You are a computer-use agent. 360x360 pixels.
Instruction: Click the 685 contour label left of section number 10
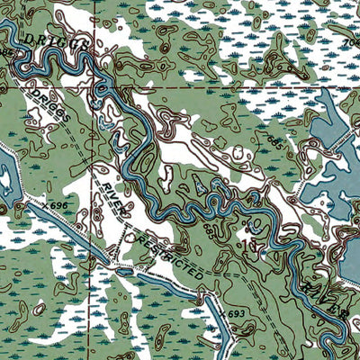[210, 232]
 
